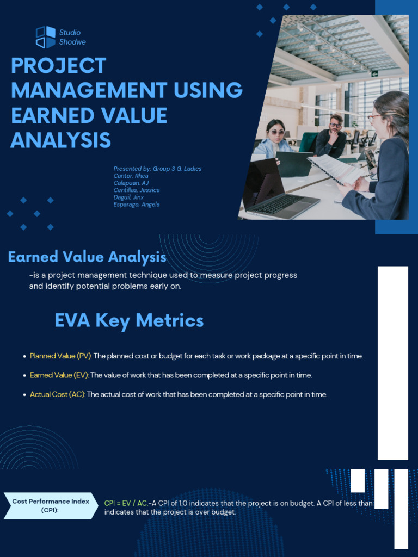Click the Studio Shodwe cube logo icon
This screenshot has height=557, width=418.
pos(45,37)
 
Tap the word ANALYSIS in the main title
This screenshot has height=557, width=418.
pos(60,140)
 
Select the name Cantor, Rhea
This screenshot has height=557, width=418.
pos(131,176)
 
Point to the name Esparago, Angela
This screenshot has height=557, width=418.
pos(137,205)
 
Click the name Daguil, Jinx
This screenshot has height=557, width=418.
pos(128,197)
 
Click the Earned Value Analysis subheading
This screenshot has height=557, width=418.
pos(87,257)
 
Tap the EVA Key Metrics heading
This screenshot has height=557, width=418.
pos(129,320)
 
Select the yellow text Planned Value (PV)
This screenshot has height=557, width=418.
pos(61,356)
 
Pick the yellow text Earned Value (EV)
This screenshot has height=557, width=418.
pos(59,375)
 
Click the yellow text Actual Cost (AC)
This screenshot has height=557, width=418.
pos(57,394)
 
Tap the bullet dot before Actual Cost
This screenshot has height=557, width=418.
pos(24,395)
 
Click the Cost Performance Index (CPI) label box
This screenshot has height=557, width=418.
pos(51,505)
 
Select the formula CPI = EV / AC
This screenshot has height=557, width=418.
pos(126,503)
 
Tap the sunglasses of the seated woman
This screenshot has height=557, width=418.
pos(276,132)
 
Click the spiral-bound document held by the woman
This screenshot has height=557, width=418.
pos(335,169)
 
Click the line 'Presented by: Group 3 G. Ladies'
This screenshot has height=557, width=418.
pos(157,169)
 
